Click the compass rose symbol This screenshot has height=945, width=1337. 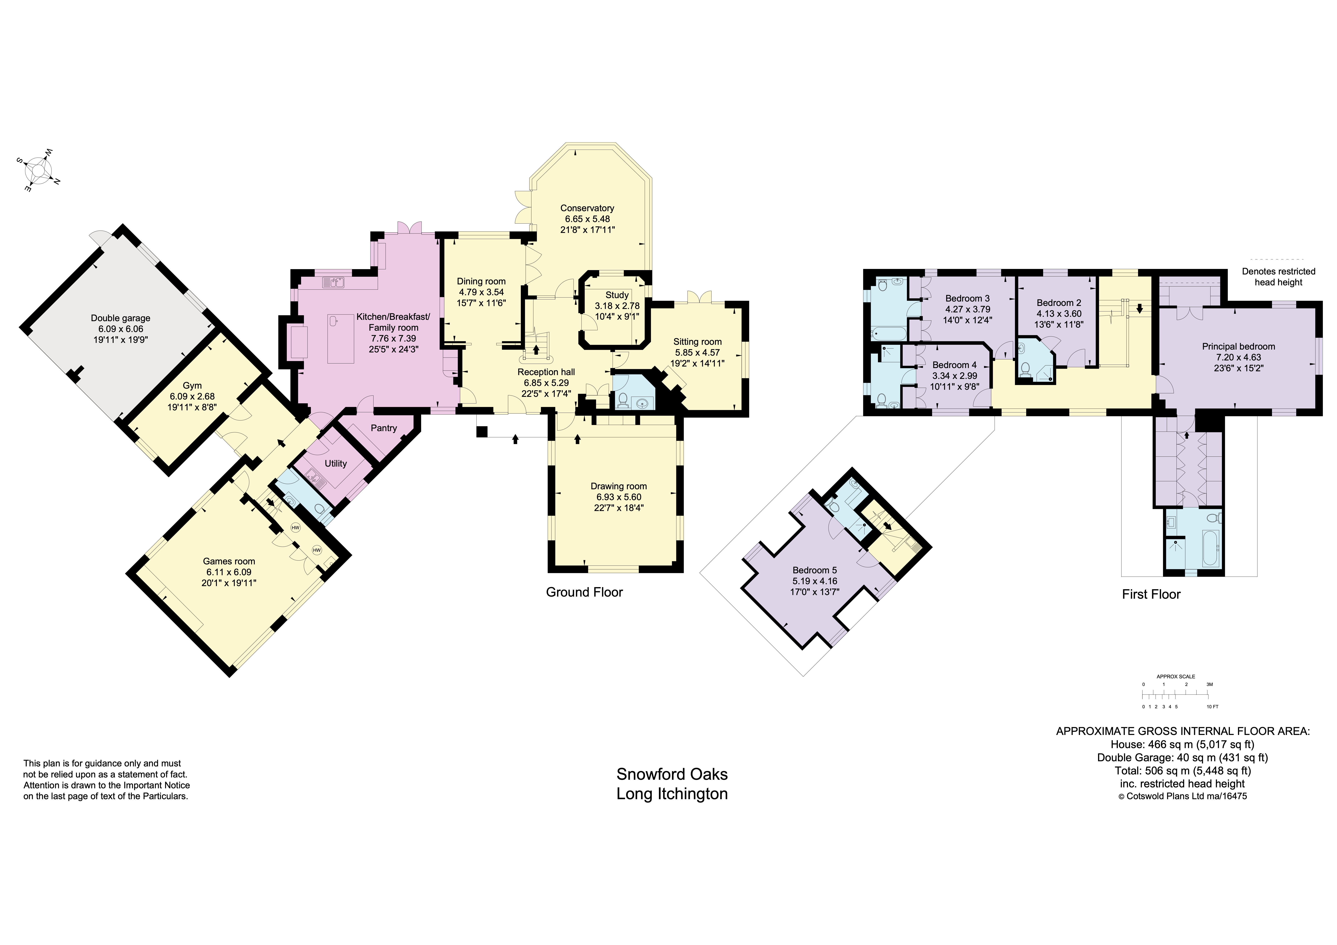tap(39, 171)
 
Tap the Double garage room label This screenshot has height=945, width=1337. tap(121, 318)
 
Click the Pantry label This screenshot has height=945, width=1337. tap(384, 428)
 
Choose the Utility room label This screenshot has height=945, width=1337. tap(335, 464)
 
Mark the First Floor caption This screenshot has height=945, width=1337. tap(1151, 594)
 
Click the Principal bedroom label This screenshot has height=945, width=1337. tap(1239, 347)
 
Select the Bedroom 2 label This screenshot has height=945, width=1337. tap(1059, 303)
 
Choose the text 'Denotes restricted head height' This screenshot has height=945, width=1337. tap(1278, 277)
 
